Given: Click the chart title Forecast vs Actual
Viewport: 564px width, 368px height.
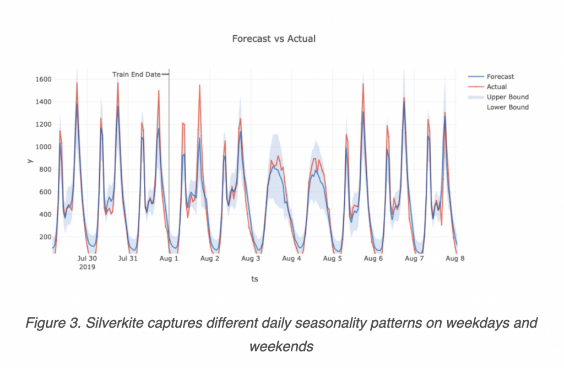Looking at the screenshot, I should (274, 39).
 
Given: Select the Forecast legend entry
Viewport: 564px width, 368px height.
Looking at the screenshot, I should (500, 77).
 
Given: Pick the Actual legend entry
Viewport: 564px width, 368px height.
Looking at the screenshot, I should (497, 86).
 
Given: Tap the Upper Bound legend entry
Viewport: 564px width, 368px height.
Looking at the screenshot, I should (507, 97).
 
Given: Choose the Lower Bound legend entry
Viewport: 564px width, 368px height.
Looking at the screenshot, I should (507, 107).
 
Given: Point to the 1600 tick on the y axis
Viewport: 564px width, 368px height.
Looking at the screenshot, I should (43, 79).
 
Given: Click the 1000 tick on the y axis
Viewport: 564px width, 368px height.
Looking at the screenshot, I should (43, 147).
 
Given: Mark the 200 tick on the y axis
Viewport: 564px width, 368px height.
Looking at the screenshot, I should (45, 237).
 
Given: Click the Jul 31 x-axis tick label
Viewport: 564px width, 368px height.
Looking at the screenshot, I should (128, 258).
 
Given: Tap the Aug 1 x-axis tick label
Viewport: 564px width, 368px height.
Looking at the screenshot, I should (169, 258).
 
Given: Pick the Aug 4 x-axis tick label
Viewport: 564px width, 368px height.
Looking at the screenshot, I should (291, 258).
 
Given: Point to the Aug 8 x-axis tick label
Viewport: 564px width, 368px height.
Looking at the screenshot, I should (455, 258).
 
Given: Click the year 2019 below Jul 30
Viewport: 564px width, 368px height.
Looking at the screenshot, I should (87, 267).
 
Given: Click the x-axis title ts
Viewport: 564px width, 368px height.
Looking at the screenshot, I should (254, 279).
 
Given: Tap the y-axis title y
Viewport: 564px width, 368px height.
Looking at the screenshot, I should (30, 161).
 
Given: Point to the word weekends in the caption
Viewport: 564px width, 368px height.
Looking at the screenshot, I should (281, 347).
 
